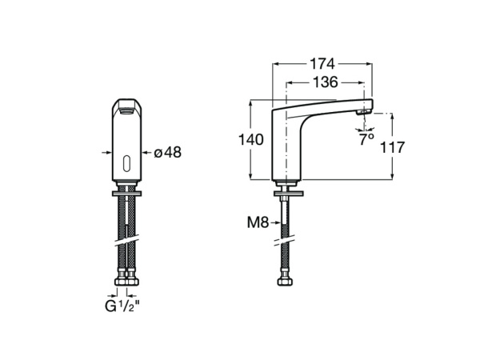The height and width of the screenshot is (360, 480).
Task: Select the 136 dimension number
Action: pyautogui.click(x=324, y=82)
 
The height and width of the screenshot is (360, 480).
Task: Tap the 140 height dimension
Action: pyautogui.click(x=251, y=139)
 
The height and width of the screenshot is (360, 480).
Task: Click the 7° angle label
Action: pyautogui.click(x=366, y=138)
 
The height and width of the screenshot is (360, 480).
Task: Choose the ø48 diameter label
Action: pyautogui.click(x=167, y=152)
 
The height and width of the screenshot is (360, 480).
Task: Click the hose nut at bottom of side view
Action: pyautogui.click(x=285, y=280)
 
